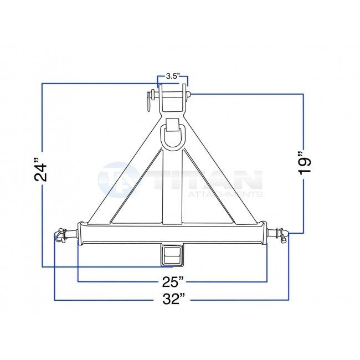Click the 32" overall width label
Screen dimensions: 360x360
pyautogui.click(x=173, y=300)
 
